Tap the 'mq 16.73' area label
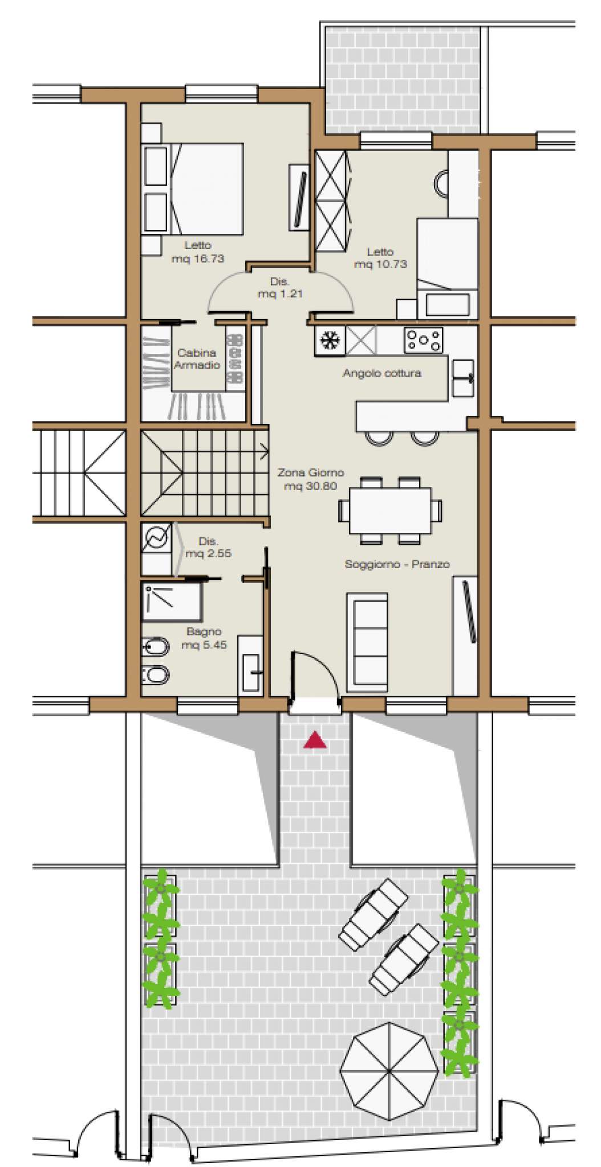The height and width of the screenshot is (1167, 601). pos(197,259)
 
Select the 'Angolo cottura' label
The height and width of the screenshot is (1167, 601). pos(381,374)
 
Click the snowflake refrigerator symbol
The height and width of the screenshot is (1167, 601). pos(328,340)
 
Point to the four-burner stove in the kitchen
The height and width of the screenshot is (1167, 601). pos(423,340)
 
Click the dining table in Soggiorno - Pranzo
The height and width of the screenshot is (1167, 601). pos(390,510)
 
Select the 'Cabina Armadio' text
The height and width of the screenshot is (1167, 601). pos(197,359)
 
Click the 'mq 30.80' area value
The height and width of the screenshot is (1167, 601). pos(310,486)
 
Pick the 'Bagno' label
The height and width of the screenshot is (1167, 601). pos(204,631)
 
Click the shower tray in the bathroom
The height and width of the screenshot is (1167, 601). pos(172,601)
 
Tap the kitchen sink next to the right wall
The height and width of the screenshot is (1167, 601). pos(463,378)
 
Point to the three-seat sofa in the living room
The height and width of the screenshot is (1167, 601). pos(368,642)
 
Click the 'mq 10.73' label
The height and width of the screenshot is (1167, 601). pos(380,264)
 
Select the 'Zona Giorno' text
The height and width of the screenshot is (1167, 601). pos(311,472)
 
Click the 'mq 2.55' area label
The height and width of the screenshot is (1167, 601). pos(208,553)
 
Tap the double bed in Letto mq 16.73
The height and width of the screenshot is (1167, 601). pos(206,189)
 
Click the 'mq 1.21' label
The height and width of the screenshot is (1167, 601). pos(280,294)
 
